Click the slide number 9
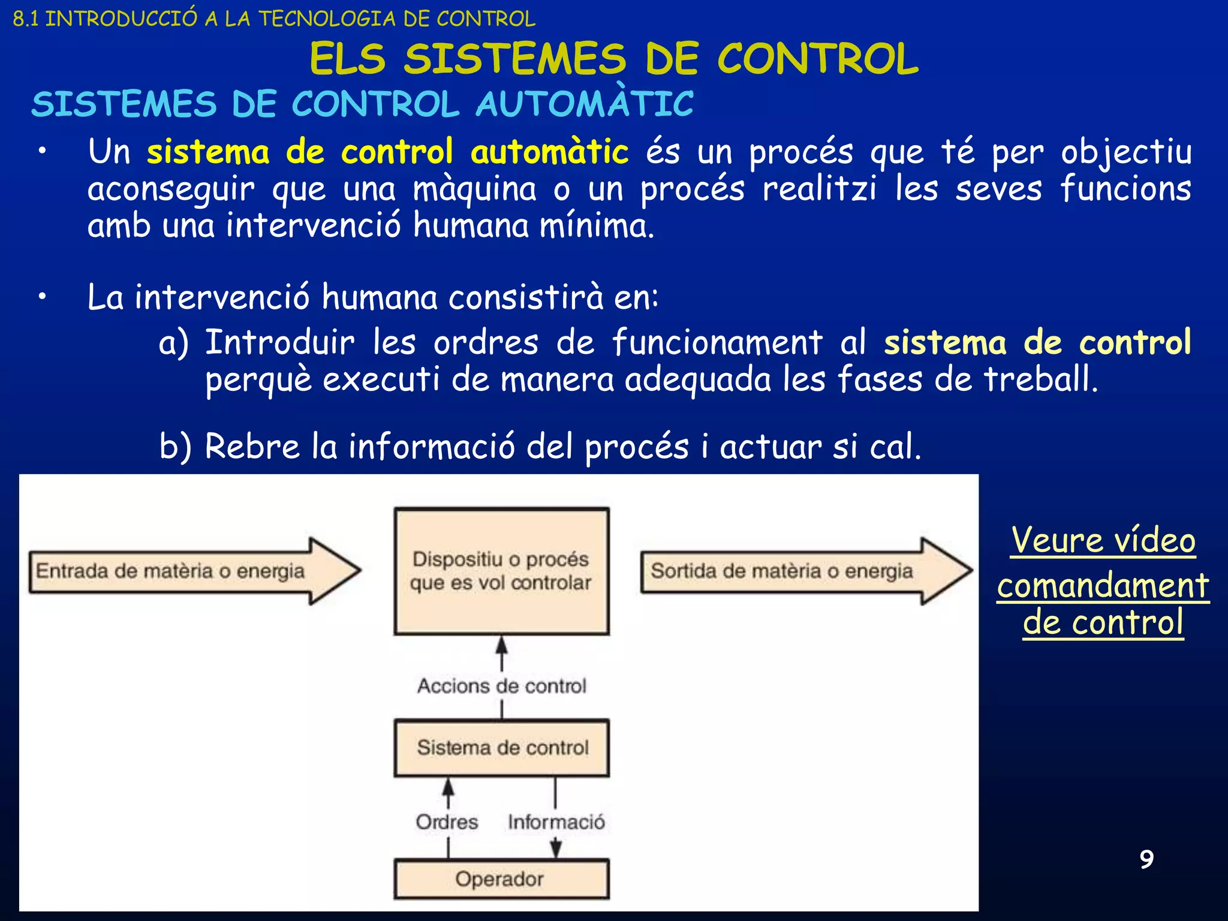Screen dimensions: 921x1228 click(x=1146, y=859)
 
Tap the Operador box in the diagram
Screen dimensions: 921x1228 click(x=501, y=879)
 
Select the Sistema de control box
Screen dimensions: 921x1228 click(x=501, y=748)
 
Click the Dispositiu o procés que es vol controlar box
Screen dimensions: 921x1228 click(x=501, y=571)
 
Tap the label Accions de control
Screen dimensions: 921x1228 click(x=501, y=685)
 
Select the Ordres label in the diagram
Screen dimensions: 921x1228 click(x=447, y=821)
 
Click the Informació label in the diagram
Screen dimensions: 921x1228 click(x=556, y=821)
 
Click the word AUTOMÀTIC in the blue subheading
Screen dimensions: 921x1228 click(x=585, y=104)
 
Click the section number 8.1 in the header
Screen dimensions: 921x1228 click(x=26, y=19)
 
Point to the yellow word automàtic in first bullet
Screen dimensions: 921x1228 click(x=549, y=152)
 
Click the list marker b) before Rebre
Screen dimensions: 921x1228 click(x=175, y=447)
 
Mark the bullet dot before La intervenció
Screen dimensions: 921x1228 click(x=41, y=296)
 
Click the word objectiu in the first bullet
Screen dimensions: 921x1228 click(x=1126, y=152)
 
